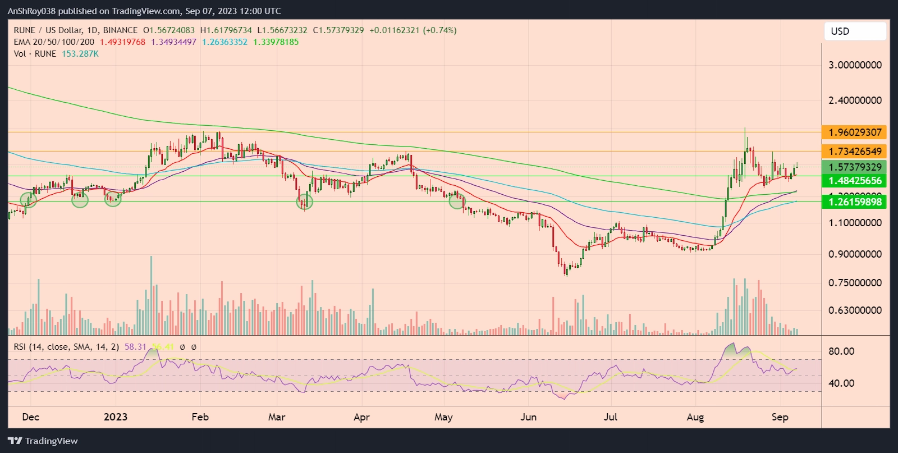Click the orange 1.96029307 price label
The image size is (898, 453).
tap(854, 132)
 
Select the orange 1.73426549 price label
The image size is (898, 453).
tap(854, 152)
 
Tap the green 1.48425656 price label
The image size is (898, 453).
tap(854, 181)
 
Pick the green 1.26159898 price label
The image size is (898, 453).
tap(854, 202)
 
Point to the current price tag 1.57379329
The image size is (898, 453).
tap(854, 167)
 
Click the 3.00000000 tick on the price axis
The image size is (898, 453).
tap(855, 65)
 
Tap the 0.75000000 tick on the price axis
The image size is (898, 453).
tap(855, 283)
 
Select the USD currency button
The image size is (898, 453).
tap(855, 31)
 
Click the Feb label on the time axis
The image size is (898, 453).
tap(200, 417)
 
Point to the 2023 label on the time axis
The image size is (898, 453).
tap(116, 417)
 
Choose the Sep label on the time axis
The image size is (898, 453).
tap(780, 417)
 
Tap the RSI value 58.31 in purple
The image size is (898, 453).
tap(135, 347)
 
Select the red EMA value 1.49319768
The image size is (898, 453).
tap(122, 42)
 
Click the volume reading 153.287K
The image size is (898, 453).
tap(80, 54)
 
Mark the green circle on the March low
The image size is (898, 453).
tap(305, 202)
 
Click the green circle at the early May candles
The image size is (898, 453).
tap(457, 201)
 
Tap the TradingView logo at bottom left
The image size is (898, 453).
tap(43, 441)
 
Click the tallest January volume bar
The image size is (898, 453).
tap(151, 295)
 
